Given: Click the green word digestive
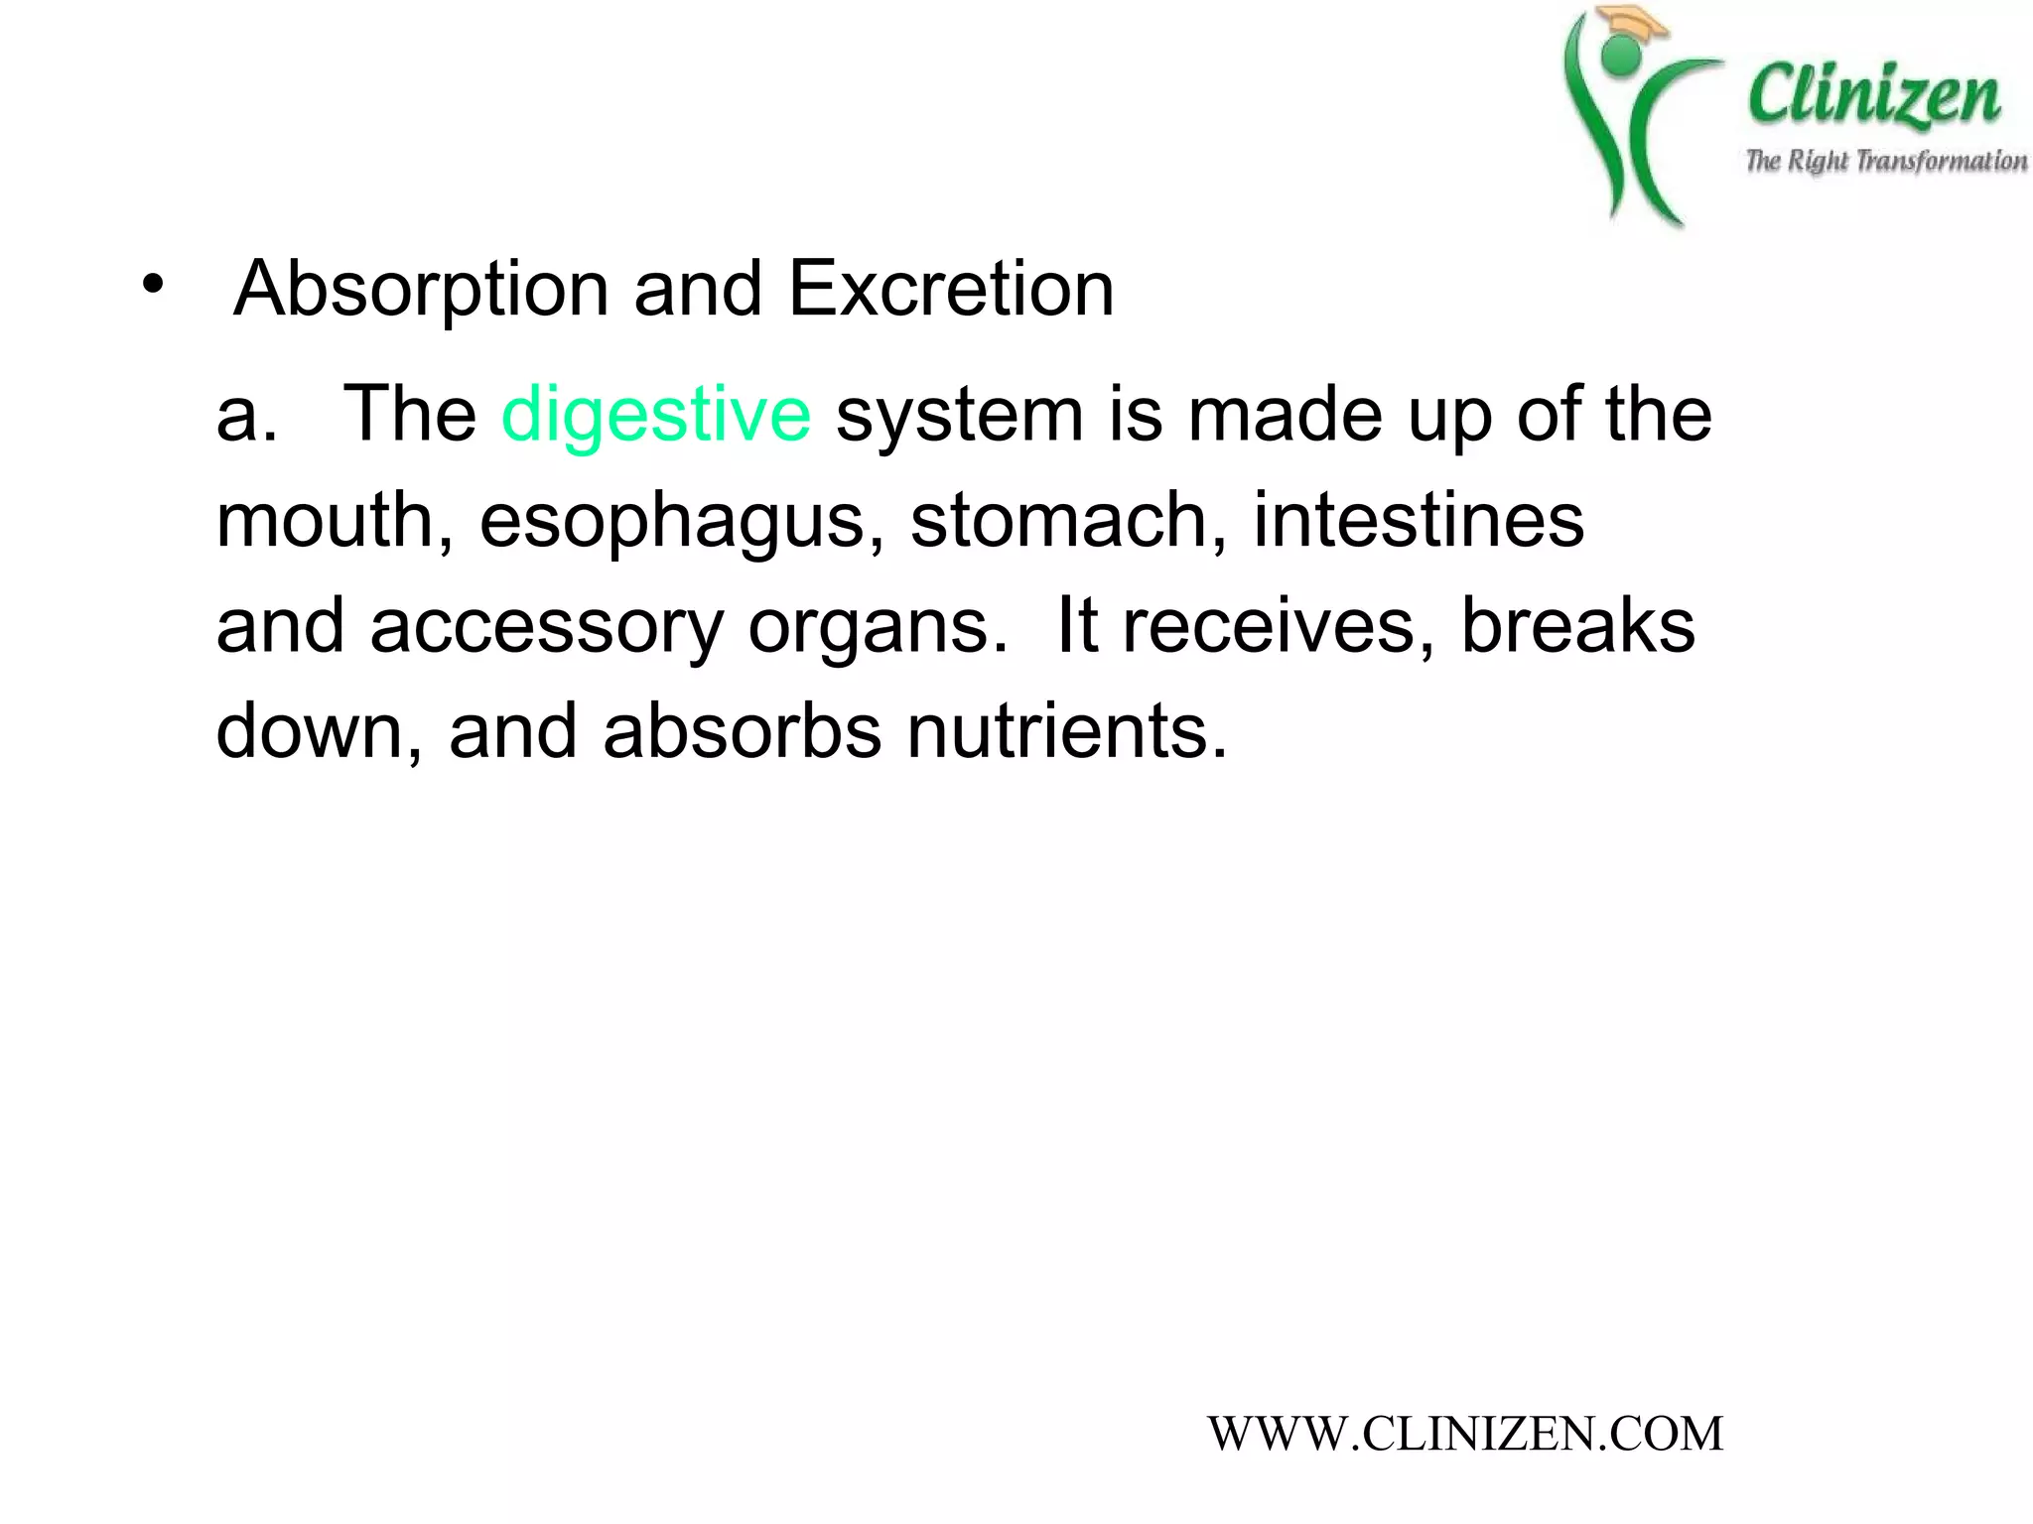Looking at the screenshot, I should pos(656,415).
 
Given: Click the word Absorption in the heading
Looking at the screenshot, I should pos(421,290).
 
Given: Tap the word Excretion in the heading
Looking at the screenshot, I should pos(951,290).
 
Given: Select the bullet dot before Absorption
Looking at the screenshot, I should pos(152,286).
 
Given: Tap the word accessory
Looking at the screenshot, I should pos(546,627).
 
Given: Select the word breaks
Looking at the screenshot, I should pos(1578,627).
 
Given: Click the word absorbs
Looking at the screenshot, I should pos(742,732).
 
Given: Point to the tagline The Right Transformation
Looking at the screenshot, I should pos(1885,161).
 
